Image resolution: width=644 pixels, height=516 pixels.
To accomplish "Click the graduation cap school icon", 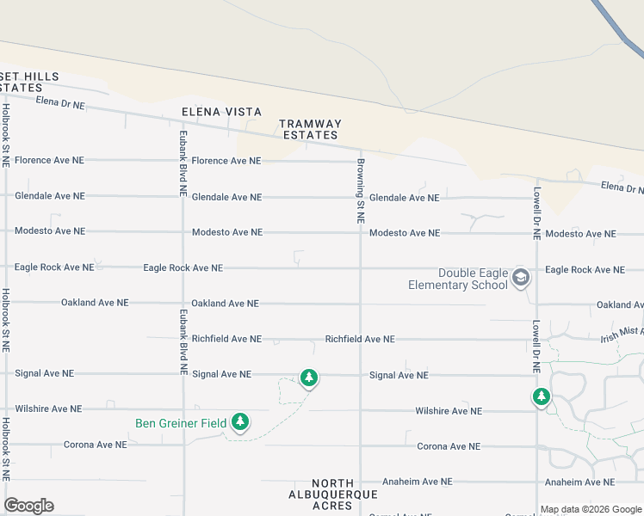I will (520, 277).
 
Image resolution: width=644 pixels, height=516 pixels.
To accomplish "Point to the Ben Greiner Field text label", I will (181, 423).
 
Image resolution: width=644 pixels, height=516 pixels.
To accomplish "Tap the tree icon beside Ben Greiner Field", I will (241, 421).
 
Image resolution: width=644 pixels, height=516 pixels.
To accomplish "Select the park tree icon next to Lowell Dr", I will (541, 396).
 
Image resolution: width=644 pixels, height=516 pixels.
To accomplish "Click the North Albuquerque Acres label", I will (332, 494).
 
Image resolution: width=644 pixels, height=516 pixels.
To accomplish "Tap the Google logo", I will (28, 506).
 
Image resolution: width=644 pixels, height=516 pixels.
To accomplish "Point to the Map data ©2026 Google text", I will (591, 509).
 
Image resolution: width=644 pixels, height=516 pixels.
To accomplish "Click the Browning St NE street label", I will (361, 191).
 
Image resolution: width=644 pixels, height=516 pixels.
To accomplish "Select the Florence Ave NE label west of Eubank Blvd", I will (50, 160).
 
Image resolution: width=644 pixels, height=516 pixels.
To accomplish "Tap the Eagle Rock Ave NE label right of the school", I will (585, 270).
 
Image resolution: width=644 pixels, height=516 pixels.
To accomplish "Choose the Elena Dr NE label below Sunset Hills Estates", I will (60, 104).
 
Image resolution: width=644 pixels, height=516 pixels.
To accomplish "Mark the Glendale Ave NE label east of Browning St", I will (404, 198).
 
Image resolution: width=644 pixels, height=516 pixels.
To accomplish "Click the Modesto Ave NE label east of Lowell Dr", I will (581, 234).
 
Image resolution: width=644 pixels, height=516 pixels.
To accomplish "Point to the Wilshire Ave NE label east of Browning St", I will (449, 411).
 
